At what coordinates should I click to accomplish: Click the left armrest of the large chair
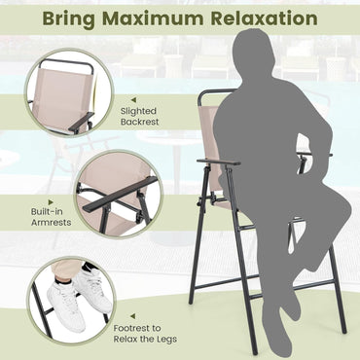tap(218, 162)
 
